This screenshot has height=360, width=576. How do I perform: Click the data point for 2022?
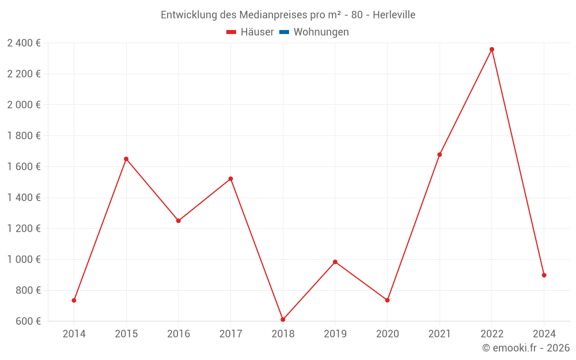[492, 50]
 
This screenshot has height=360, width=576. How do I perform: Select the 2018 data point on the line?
[283, 320]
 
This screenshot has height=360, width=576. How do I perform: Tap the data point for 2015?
[126, 159]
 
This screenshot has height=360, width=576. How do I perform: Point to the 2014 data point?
[74, 300]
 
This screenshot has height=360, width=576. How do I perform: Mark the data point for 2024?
[544, 275]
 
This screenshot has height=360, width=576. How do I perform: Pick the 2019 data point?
[335, 262]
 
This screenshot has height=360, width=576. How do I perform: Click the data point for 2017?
[230, 179]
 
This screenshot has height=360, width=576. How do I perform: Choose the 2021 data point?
[439, 154]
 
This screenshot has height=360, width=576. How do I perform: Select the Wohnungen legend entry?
[321, 32]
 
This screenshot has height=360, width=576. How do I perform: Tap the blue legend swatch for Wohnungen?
[284, 32]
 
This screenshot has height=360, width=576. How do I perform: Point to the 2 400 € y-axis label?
[24, 43]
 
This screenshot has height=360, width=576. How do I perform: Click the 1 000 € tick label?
[24, 259]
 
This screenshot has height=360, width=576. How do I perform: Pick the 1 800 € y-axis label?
[24, 136]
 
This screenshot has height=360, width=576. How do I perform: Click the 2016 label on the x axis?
[179, 334]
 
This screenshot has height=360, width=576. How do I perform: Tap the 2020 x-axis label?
[387, 334]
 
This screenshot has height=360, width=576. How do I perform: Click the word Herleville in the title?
[394, 15]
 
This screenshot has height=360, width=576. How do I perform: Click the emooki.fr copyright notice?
[526, 348]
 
